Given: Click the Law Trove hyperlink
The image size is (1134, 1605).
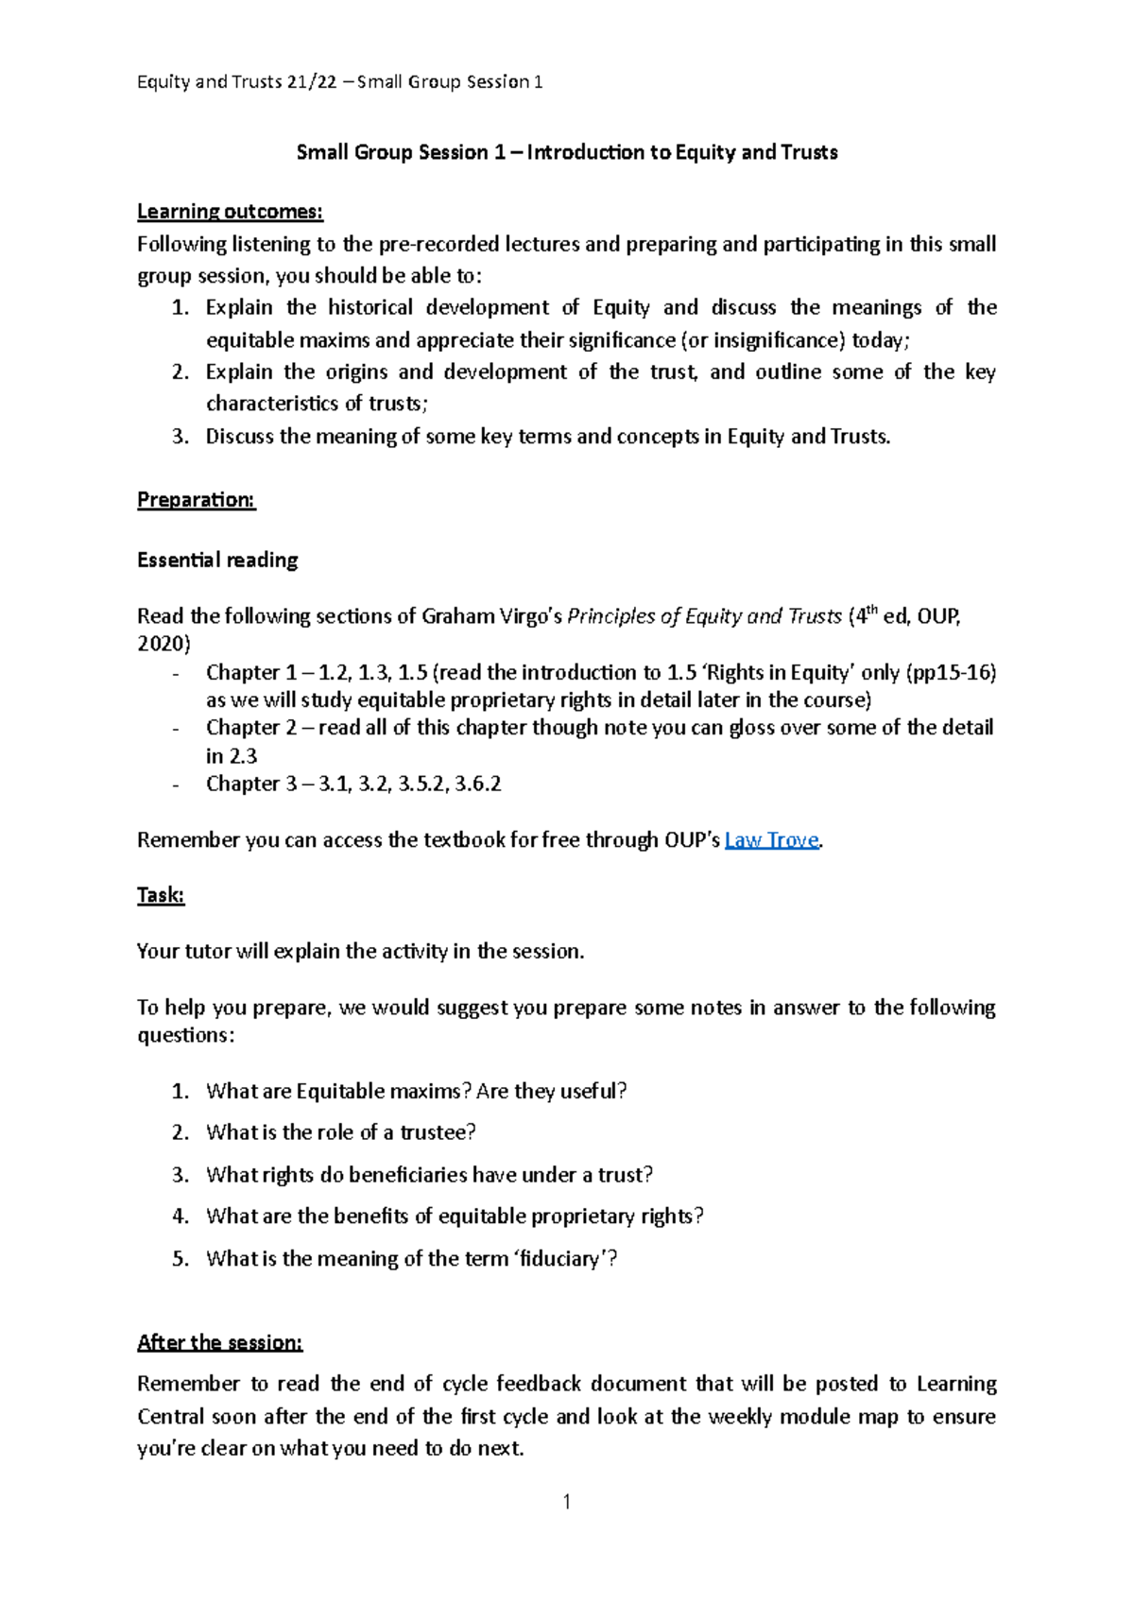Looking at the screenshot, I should (771, 840).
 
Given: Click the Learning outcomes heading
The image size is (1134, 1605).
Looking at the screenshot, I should (230, 211).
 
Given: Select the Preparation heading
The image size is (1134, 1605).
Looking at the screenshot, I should (197, 500).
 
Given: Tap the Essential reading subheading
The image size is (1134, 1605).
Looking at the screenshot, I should (217, 560).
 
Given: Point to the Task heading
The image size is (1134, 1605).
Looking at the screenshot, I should (161, 895).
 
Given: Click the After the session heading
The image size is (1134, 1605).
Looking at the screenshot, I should (219, 1342).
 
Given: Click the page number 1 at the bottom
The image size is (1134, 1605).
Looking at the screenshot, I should (566, 1502).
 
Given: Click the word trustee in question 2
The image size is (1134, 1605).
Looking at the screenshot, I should (437, 1132).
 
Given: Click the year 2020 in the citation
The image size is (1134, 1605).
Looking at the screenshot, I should (161, 645).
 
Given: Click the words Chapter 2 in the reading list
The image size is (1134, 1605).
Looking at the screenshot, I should (243, 728).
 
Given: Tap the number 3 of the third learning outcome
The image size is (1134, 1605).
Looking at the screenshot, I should (179, 437).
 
